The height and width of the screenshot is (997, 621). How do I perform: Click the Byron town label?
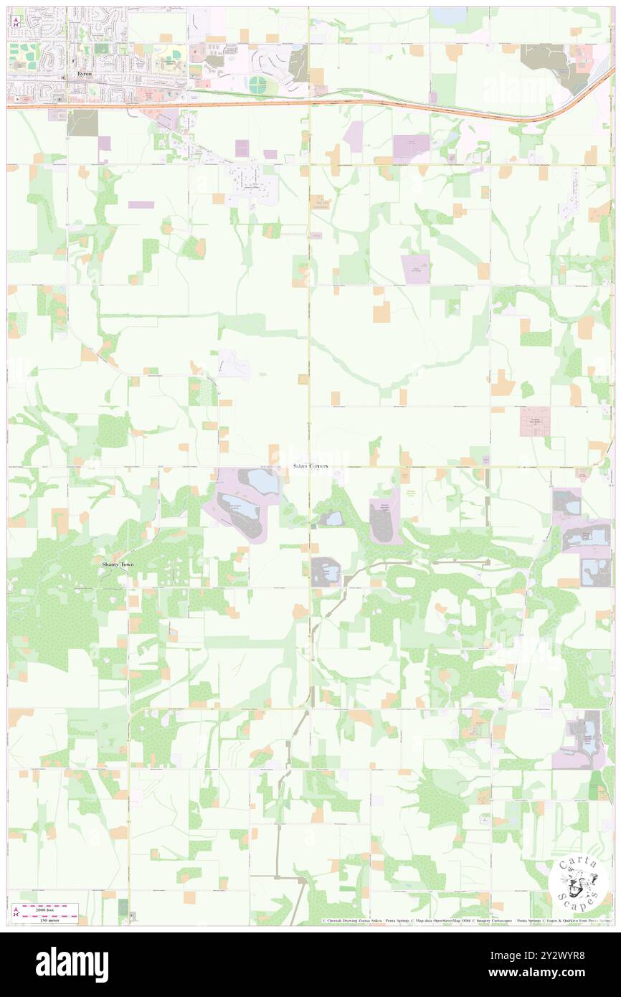point(85,74)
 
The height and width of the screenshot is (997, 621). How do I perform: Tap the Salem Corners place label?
point(310,466)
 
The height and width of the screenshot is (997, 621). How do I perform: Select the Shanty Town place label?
point(117,564)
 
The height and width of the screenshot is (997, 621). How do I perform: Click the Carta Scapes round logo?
point(579,883)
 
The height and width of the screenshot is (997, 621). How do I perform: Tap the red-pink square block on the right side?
point(534,421)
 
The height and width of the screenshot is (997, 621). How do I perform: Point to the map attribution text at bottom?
point(466,920)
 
